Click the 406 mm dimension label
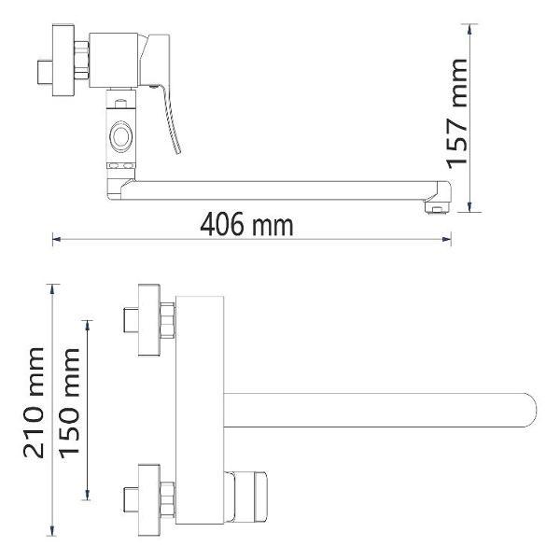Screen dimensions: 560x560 click(x=246, y=224)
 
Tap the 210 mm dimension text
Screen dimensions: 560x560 click(x=34, y=402)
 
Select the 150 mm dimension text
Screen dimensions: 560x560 click(x=69, y=403)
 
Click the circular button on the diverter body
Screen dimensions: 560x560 click(x=121, y=136)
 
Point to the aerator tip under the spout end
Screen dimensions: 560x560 click(x=436, y=207)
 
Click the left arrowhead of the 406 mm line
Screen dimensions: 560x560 click(x=57, y=239)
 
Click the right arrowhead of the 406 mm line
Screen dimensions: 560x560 click(x=446, y=239)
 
